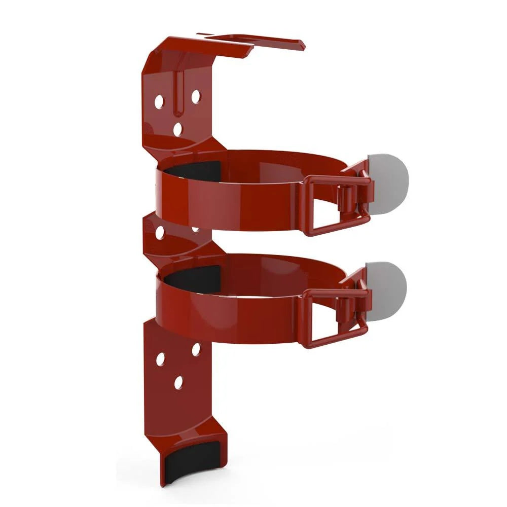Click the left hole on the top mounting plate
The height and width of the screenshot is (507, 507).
(159, 101)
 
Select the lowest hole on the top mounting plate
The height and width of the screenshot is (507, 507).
(177, 130)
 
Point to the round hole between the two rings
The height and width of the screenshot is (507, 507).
(160, 233)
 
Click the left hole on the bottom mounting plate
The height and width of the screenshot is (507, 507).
(160, 359)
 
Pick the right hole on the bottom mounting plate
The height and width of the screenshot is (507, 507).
(196, 349)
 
